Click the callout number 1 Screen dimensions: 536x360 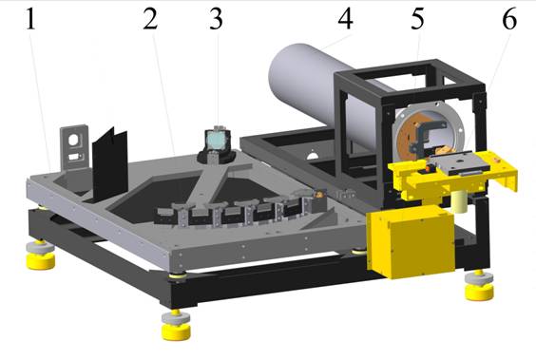30,19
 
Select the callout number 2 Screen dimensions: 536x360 150,19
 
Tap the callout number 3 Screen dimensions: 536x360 216,19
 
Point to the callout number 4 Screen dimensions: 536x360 345,19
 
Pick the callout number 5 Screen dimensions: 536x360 418,19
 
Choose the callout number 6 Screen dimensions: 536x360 509,19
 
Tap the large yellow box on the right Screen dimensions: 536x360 411,242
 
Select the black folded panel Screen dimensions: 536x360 110,165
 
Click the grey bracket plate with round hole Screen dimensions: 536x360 74,147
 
